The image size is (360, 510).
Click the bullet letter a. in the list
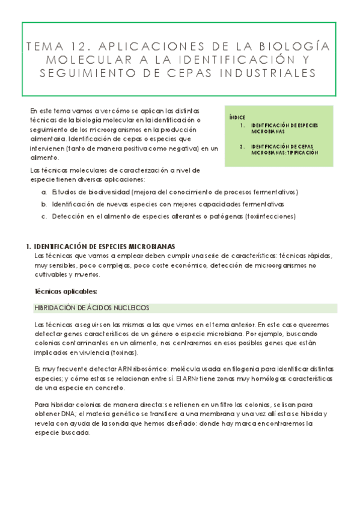pos(44,192)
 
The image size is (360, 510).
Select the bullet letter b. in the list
pos(44,204)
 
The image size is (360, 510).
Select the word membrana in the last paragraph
pos(204,414)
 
